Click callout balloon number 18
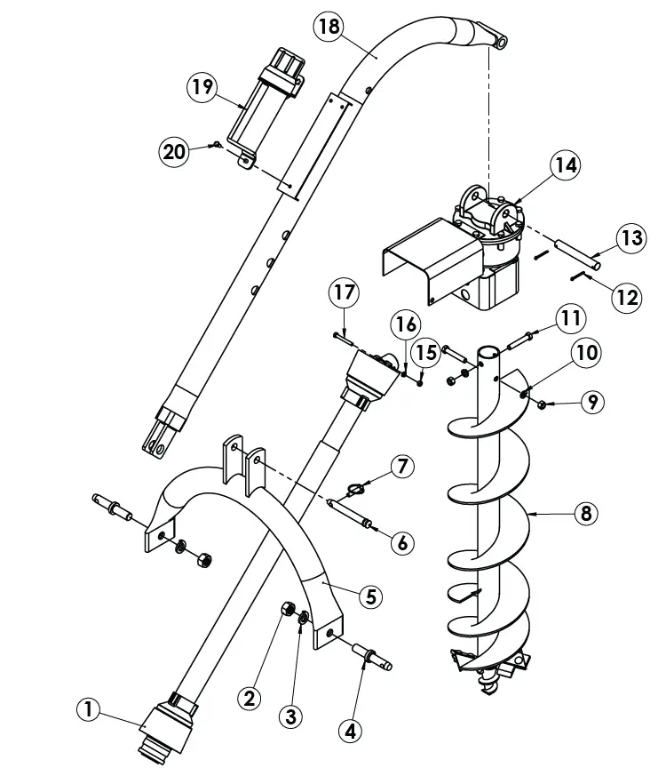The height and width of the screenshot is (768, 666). (329, 26)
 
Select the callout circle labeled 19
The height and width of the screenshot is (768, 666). (202, 87)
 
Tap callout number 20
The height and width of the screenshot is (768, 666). (175, 152)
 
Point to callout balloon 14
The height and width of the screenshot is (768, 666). (565, 164)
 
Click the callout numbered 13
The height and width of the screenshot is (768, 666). (630, 238)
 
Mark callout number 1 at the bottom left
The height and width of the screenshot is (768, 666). (88, 708)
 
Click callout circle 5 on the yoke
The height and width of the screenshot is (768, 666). (371, 595)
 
